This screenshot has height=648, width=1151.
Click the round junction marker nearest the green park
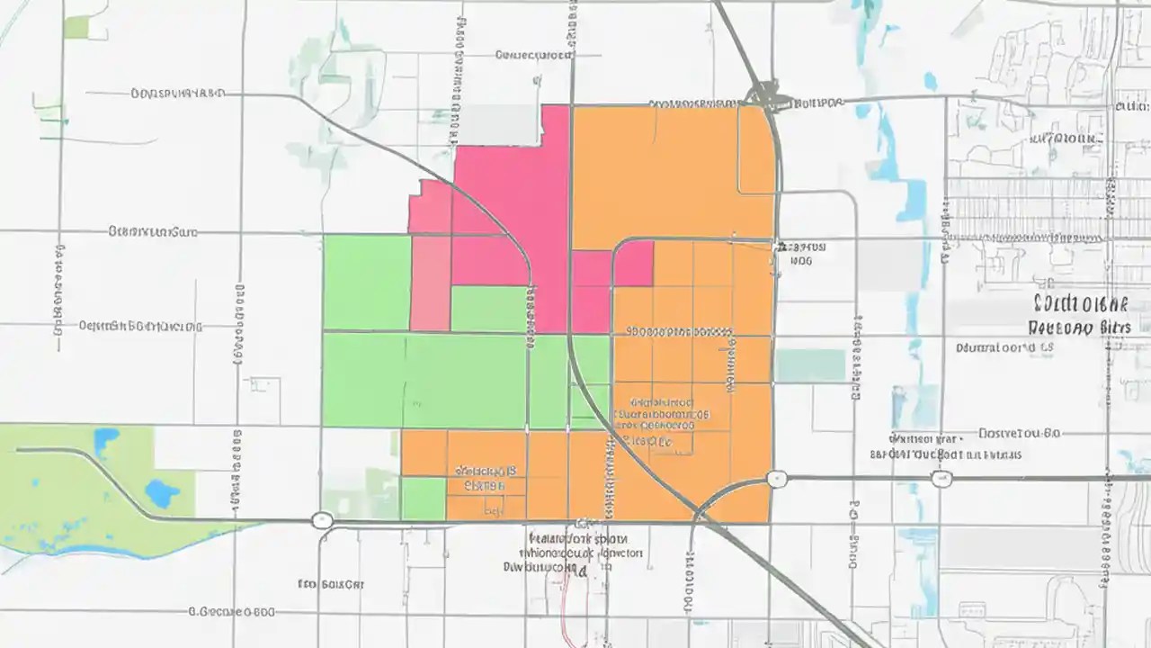pos(321,520)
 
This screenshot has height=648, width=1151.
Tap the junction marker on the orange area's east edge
pos(778,479)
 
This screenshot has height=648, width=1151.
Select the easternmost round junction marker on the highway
pos(942,479)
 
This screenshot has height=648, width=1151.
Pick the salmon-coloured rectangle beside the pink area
pos(430,283)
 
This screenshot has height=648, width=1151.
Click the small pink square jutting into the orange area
pos(633,263)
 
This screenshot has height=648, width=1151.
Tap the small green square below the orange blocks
pos(423,499)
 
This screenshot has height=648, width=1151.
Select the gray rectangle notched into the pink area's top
pos(500,125)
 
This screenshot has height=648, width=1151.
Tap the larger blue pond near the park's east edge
pos(162,493)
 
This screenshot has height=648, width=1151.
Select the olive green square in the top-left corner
pos(76,27)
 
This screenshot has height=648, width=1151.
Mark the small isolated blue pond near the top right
pos(930,81)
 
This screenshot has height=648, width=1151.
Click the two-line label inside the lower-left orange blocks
pos(486,478)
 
